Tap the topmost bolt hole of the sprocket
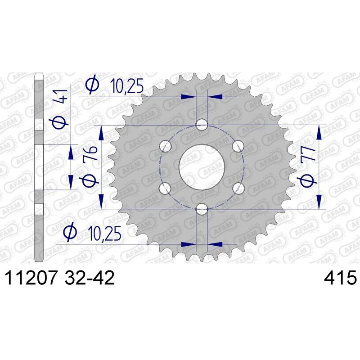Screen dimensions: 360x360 pos(202,125)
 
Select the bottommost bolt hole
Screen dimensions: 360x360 pos(202,208)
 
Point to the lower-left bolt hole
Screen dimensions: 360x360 pos(166,187)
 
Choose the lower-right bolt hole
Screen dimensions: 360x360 pos(238,187)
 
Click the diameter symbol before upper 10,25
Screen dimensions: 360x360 pos(92,85)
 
